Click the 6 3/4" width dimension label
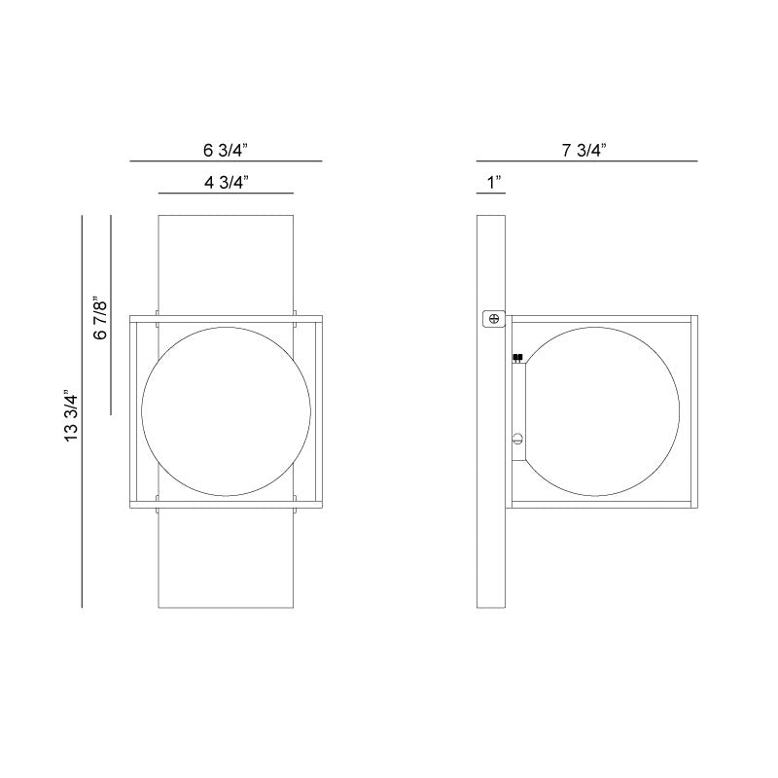[226, 150]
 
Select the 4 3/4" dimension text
[226, 181]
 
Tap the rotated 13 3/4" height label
[69, 416]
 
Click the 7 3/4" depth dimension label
[584, 150]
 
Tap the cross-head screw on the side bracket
[494, 318]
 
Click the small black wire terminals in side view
[517, 358]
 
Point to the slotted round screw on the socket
[518, 439]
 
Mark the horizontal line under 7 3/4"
[586, 160]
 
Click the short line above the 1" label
[490, 194]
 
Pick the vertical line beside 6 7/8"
[112, 315]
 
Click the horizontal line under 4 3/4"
[226, 193]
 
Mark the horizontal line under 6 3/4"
[226, 160]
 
